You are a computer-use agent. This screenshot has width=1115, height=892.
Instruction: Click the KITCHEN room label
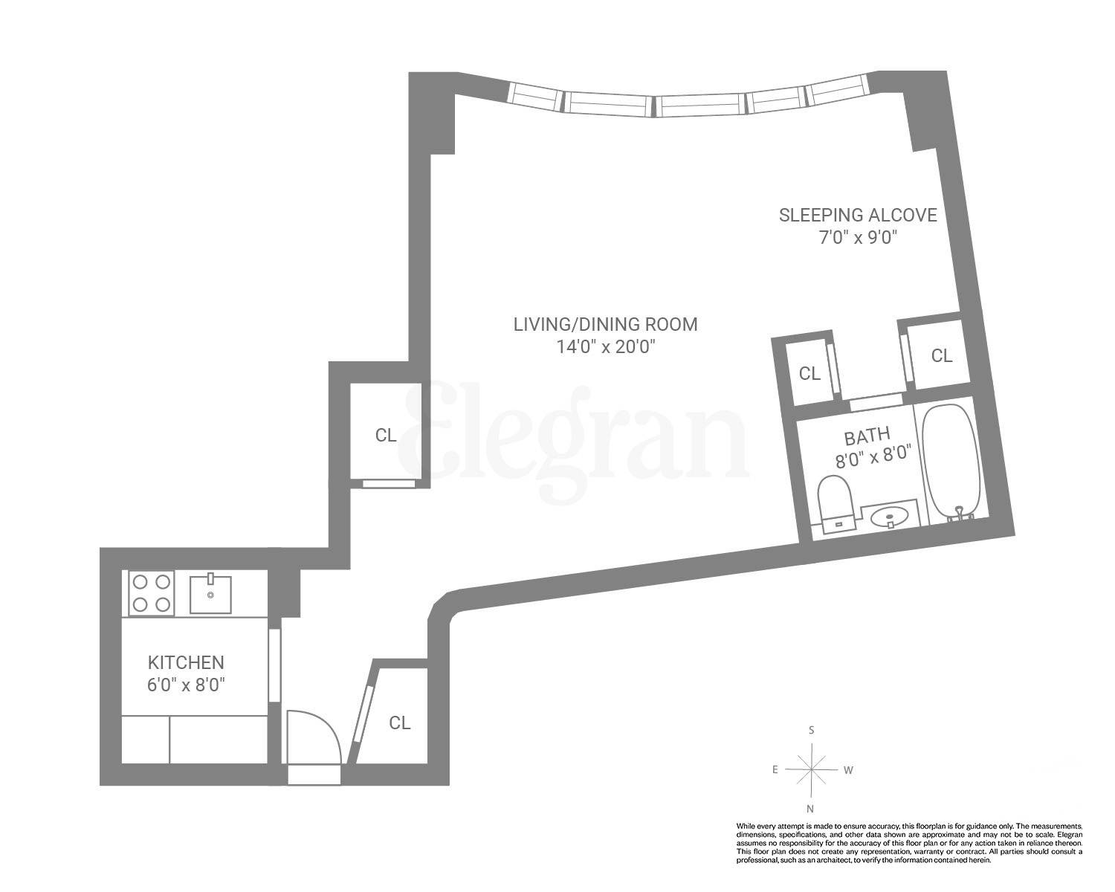pos(186,662)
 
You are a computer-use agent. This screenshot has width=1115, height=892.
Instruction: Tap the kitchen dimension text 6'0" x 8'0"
pos(186,683)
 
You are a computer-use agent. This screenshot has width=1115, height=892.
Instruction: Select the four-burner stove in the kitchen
pos(152,593)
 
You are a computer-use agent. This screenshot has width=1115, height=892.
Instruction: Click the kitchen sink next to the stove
pos(211,593)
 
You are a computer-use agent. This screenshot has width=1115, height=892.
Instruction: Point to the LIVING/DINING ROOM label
pos(605,324)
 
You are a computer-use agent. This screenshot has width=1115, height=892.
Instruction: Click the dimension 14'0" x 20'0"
pos(605,346)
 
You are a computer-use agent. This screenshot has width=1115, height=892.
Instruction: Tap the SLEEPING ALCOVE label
pos(857,216)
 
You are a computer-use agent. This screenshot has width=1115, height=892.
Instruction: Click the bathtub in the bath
pos(953,461)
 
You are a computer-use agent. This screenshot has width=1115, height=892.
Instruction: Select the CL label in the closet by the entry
pos(400,723)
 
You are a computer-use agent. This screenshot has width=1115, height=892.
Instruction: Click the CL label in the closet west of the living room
pos(385,436)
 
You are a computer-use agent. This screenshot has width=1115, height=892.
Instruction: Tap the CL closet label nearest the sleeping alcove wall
pos(941,356)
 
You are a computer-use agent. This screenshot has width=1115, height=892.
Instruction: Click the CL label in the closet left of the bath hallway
pos(809,374)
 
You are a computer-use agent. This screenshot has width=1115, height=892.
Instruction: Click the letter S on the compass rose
pos(811,730)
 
